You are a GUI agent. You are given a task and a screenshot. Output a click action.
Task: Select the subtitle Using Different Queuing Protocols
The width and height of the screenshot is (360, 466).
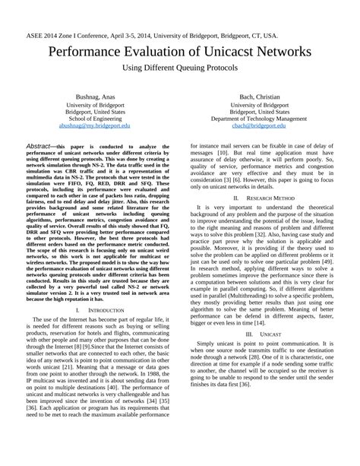click(x=180, y=68)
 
